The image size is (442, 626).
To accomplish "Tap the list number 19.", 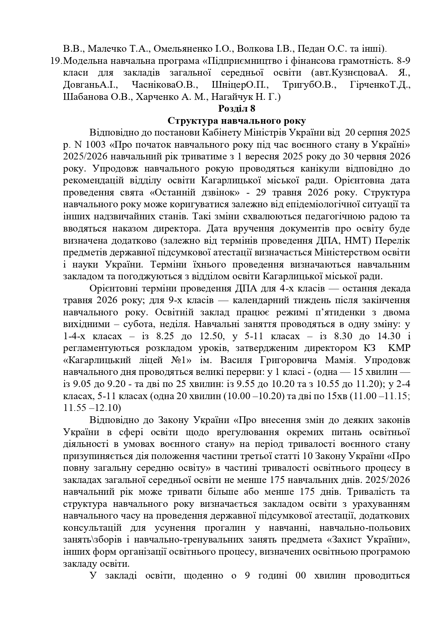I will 57,60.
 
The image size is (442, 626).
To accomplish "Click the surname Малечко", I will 104,48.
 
